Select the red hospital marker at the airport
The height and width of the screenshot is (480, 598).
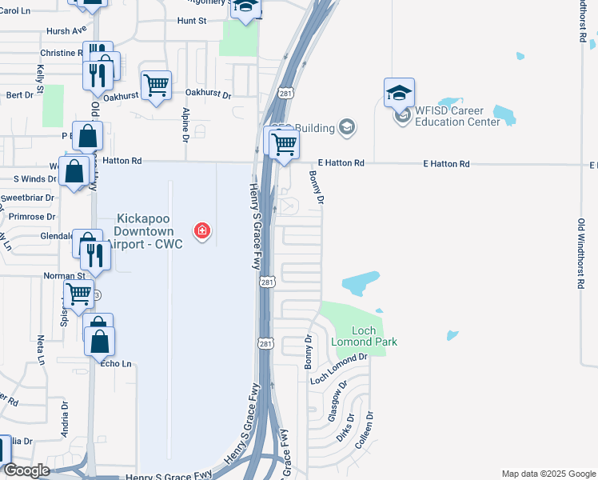point(202,231)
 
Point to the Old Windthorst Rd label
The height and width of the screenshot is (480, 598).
point(580,253)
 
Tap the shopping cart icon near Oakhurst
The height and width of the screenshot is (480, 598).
point(156,85)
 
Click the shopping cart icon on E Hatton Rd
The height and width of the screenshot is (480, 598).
point(283,144)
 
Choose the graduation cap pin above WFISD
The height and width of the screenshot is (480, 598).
point(399,94)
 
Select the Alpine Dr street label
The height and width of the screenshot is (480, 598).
point(185,126)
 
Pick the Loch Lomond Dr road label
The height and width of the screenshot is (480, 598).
point(337,366)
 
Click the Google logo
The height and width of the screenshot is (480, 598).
point(26,470)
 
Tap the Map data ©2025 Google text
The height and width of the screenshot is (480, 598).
point(548,474)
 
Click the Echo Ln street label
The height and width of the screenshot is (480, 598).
point(114,363)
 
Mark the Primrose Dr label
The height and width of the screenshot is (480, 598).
point(32,217)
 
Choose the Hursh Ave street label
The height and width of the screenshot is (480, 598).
point(66,30)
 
